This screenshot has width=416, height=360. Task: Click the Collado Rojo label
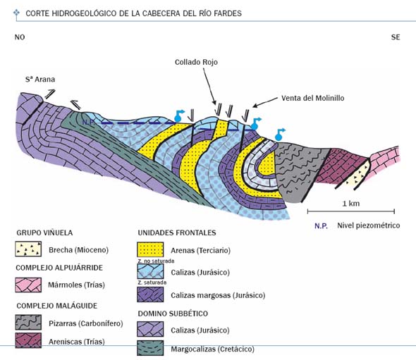tap(196, 62)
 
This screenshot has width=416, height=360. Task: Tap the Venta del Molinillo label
tap(313, 98)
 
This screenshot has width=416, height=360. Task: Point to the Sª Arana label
tap(40, 80)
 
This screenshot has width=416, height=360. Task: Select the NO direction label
tap(20, 37)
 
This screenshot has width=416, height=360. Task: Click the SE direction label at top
tap(396, 37)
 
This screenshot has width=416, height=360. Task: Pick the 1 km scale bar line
tap(351, 211)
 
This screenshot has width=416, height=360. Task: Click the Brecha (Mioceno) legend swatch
tap(28, 249)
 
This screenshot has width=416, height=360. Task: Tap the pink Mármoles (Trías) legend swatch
tap(28, 285)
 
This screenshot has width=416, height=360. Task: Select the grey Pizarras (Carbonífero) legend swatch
tap(28, 322)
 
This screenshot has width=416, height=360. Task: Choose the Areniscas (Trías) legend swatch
tap(28, 340)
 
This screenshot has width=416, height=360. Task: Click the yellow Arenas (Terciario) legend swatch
tap(150, 249)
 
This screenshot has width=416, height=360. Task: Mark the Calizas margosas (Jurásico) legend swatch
tap(150, 294)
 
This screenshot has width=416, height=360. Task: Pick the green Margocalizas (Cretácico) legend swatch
tap(150, 348)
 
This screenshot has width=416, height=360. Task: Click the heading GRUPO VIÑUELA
tap(44, 232)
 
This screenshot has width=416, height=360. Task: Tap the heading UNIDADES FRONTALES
tap(177, 232)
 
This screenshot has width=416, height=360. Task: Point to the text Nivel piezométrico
tap(369, 225)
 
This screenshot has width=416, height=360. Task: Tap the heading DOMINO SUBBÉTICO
tap(173, 314)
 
